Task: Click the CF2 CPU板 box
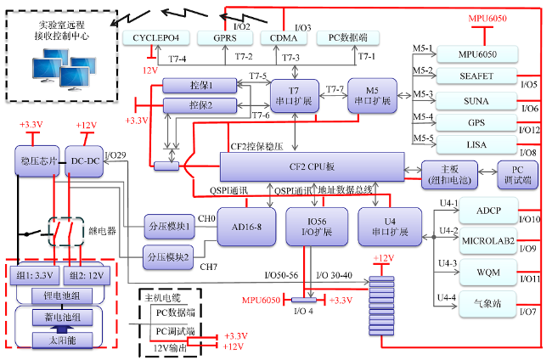(x=312, y=166)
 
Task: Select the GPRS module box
(x=225, y=38)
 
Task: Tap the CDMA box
(x=284, y=38)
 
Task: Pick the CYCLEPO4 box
(x=156, y=38)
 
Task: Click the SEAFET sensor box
(x=476, y=76)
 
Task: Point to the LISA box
(x=476, y=145)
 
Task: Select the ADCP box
(x=488, y=211)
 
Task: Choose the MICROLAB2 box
(x=488, y=241)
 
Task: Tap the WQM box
(x=488, y=273)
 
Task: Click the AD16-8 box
(x=246, y=227)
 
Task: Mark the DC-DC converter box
(x=84, y=161)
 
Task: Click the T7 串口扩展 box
(x=295, y=96)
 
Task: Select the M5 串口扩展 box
(x=373, y=96)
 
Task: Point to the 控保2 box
(x=200, y=105)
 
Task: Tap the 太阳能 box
(x=62, y=340)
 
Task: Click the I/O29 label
(x=115, y=155)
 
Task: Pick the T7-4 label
(x=177, y=59)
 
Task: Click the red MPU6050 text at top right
(x=487, y=19)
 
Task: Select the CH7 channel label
(x=208, y=267)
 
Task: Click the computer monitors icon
(x=64, y=70)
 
